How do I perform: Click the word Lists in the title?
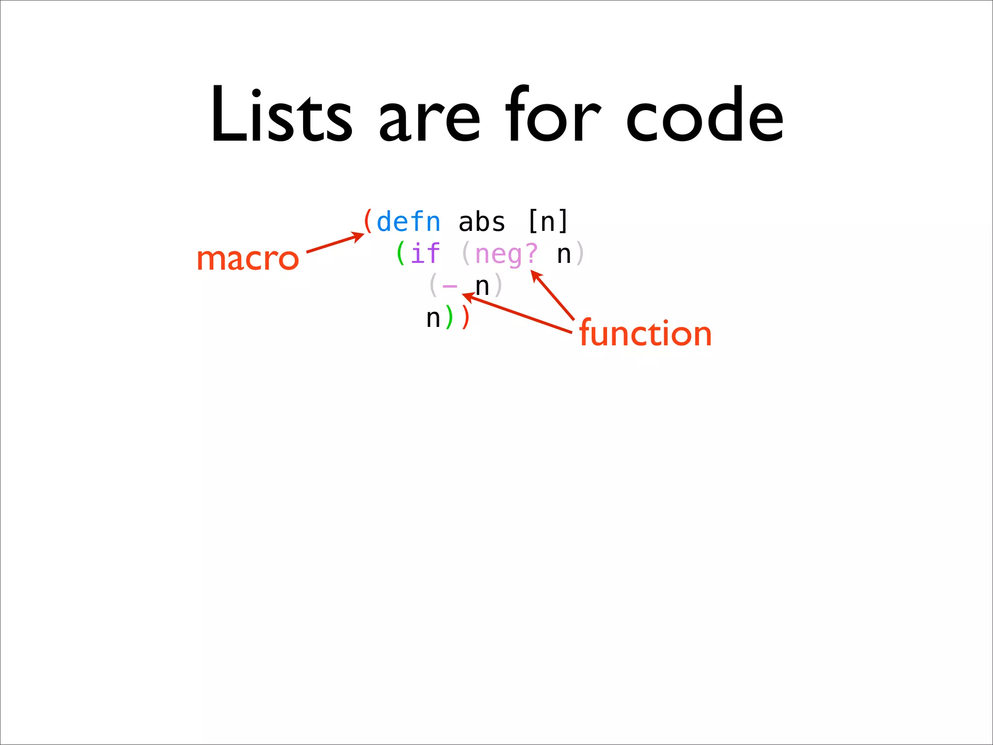pos(281,115)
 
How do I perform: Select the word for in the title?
pos(553,115)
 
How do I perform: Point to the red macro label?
pos(248,259)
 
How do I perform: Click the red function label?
pos(645,333)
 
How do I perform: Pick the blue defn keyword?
pos(408,222)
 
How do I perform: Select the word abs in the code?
pos(481,222)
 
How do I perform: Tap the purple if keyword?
pos(425,254)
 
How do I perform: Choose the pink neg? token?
pos(506,255)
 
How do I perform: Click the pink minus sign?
pos(450,286)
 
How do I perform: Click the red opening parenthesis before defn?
pos(368,222)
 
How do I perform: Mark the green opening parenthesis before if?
pos(400,254)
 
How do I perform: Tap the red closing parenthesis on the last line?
pos(466,318)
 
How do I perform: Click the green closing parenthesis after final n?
pos(449,318)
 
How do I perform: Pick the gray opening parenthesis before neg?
pos(466,254)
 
